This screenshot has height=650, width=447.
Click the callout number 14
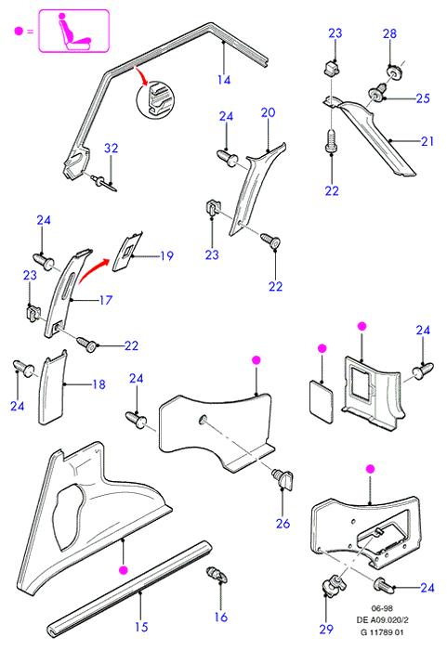coord(224,80)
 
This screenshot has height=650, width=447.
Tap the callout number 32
coord(111,148)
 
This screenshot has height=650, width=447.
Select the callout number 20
coord(269,112)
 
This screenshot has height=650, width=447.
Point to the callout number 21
coord(427,141)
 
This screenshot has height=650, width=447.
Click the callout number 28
coord(389,33)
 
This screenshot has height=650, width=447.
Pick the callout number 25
coord(423,98)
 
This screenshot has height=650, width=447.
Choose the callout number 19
coord(167,255)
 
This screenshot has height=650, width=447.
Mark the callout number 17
coord(106,300)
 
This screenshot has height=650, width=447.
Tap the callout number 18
coord(99,384)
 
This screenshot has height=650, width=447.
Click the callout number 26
coord(283,524)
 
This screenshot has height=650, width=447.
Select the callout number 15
coord(141,627)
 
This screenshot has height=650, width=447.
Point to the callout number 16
coord(221,617)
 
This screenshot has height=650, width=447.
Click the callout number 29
coord(326,629)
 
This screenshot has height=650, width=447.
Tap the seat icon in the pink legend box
coord(73,32)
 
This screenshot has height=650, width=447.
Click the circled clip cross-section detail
coord(155,100)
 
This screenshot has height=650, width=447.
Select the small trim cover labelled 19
coord(127,252)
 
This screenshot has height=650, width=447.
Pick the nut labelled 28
coord(392,71)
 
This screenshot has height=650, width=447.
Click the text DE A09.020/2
coord(382,619)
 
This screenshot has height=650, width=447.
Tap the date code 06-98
coord(382,608)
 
